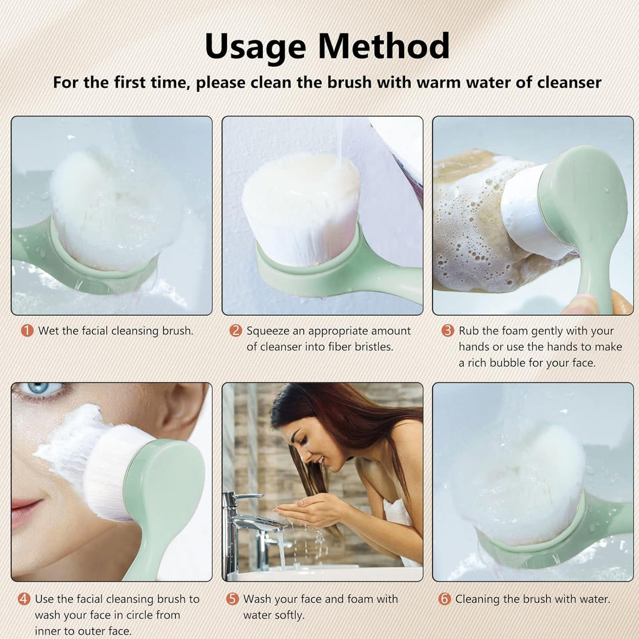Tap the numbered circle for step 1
pos(27,331)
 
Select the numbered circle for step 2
pos(235,331)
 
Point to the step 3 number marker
pos(447,331)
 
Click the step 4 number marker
pos(24,599)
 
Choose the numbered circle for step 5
pos(232,599)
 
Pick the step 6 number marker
pos(444,599)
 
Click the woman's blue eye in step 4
pos(45,389)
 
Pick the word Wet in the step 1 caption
pos(49,331)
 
